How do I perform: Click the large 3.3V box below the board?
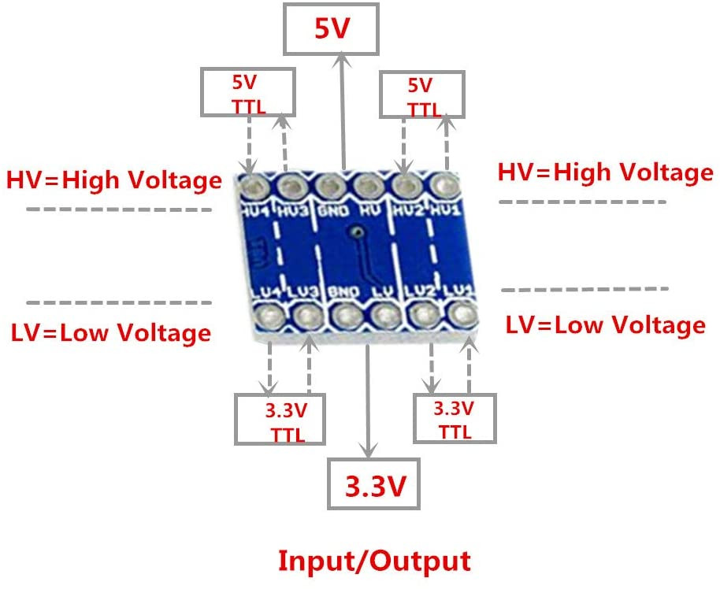[x=374, y=487]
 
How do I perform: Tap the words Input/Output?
[x=374, y=561]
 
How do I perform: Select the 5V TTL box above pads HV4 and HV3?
[x=249, y=92]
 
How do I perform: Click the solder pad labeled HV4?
[x=254, y=187]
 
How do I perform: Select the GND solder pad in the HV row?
[x=329, y=187]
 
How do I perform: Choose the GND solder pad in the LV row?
[x=345, y=317]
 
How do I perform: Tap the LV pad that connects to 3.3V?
[x=384, y=317]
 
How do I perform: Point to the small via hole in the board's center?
[x=358, y=233]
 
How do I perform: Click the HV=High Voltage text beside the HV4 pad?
[x=114, y=180]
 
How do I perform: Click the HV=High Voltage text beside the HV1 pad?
[x=605, y=172]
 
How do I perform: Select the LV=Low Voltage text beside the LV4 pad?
[x=111, y=332]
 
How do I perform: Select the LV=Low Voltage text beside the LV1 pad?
[x=605, y=324]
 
